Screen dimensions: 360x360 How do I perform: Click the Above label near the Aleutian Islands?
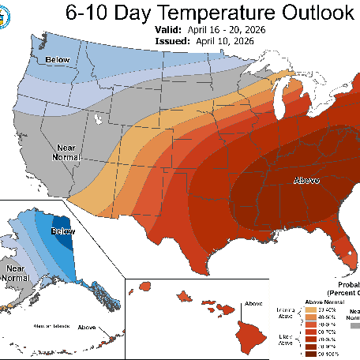[86, 327]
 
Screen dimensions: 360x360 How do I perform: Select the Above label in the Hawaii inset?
[253, 303]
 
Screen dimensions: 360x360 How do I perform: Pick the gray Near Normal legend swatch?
[354, 324]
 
